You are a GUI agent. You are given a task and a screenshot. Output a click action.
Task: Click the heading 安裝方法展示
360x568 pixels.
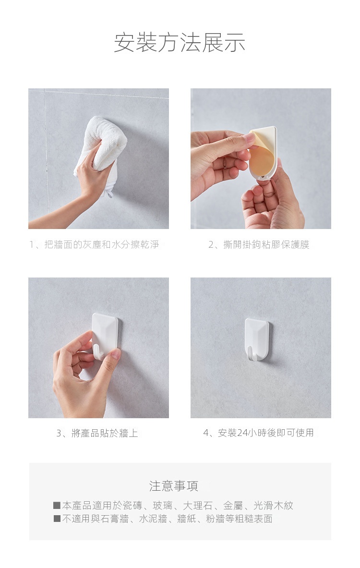(x=180, y=42)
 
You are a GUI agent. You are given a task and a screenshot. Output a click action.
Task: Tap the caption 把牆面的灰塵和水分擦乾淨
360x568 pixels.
(x=102, y=244)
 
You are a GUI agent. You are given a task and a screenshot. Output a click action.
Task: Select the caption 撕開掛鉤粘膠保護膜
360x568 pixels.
(x=266, y=244)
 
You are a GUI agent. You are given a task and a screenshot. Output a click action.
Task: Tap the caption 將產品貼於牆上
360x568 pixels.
(x=105, y=433)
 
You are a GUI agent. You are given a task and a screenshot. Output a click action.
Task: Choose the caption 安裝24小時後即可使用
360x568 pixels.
(x=266, y=433)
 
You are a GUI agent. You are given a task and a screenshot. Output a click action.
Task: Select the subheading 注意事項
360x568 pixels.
(x=174, y=486)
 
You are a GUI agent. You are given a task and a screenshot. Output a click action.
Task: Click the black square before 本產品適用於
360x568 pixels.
(x=57, y=505)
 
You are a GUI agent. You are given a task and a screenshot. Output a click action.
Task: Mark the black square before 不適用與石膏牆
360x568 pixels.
(x=57, y=519)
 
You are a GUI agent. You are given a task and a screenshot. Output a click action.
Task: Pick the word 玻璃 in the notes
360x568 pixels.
(x=162, y=505)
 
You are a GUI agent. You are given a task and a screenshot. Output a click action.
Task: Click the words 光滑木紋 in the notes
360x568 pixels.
(x=274, y=505)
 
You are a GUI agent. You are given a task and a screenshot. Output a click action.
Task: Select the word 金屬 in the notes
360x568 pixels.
(x=233, y=505)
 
